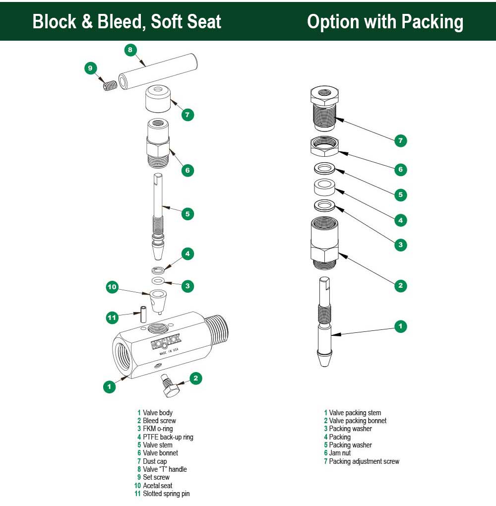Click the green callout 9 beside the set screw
click(90, 68)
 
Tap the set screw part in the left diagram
click(109, 86)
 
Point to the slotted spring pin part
click(142, 314)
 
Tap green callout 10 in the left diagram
click(113, 287)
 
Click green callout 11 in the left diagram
click(113, 317)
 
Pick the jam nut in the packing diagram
click(324, 145)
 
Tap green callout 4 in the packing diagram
click(400, 219)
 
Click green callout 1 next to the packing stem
click(400, 326)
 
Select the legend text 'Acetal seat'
click(158, 486)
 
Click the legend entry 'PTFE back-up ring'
click(168, 437)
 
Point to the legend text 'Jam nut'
click(340, 453)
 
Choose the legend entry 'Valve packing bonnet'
click(358, 421)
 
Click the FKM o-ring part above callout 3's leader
click(158, 281)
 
